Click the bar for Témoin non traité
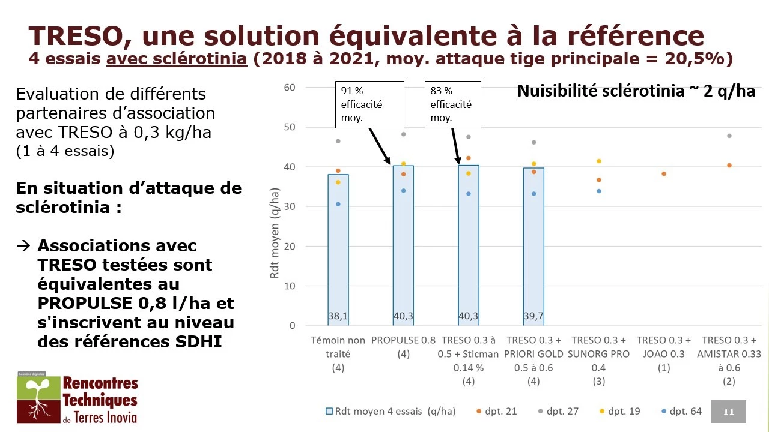338,252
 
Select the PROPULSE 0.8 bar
403,246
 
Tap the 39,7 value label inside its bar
533,316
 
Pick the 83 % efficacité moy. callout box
452,104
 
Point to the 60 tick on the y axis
290,88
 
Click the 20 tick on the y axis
290,247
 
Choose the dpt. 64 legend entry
680,412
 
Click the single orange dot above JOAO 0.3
664,174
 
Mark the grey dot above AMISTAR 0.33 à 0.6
729,136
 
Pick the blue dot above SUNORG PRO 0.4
599,191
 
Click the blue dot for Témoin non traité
338,204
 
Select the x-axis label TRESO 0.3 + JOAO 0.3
664,347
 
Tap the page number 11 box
729,412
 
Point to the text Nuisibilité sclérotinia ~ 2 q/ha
636,92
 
